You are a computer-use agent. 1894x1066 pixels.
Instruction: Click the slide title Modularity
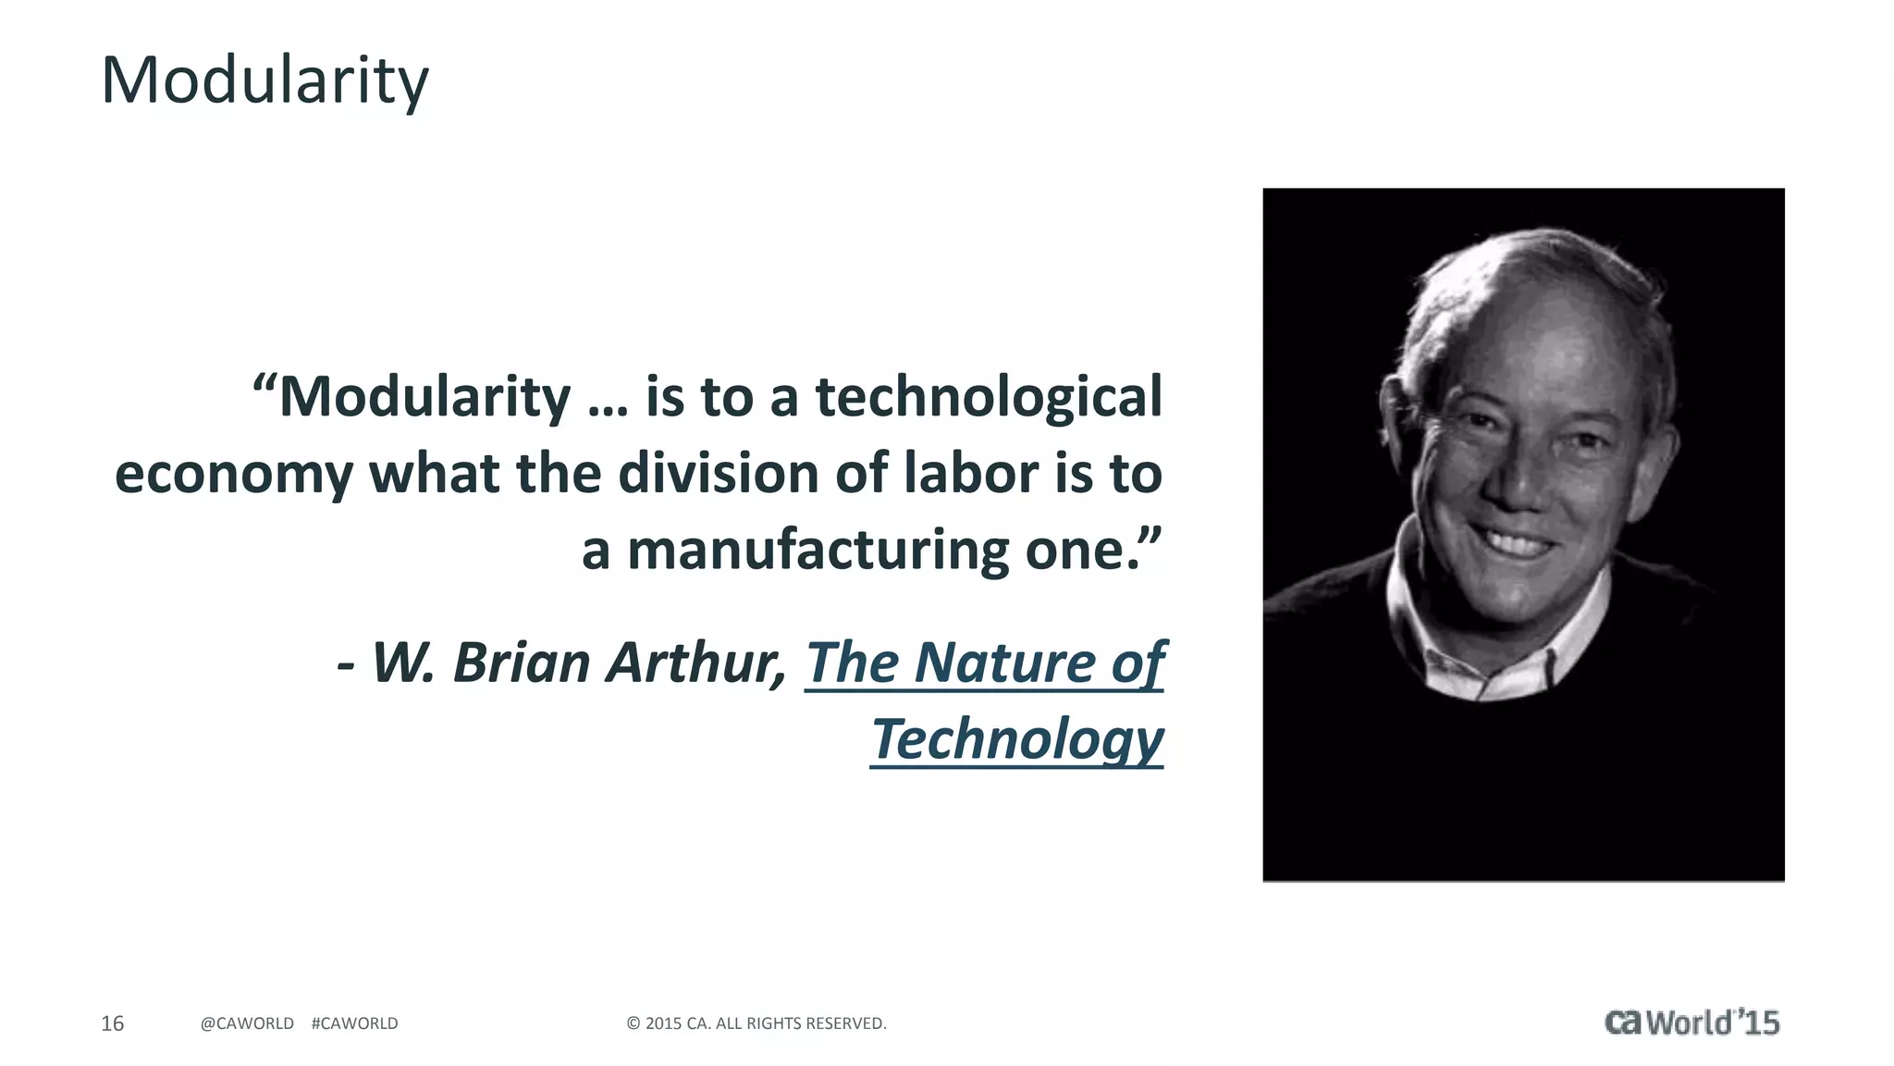264,81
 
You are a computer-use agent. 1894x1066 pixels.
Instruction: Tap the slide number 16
112,1023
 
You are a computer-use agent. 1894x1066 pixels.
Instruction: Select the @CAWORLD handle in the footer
247,1023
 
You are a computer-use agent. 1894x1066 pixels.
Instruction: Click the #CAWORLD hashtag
355,1023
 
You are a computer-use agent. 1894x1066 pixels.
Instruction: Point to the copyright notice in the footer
756,1023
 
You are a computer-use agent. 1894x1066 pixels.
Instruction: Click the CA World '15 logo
1691,1023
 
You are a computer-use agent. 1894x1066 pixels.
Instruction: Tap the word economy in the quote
233,475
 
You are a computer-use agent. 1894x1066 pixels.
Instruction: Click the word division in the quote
719,473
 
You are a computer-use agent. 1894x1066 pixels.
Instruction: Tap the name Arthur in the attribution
695,663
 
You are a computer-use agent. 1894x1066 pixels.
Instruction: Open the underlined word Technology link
1016,740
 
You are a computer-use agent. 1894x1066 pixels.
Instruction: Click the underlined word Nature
1005,663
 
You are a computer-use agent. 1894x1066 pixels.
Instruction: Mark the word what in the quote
434,473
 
